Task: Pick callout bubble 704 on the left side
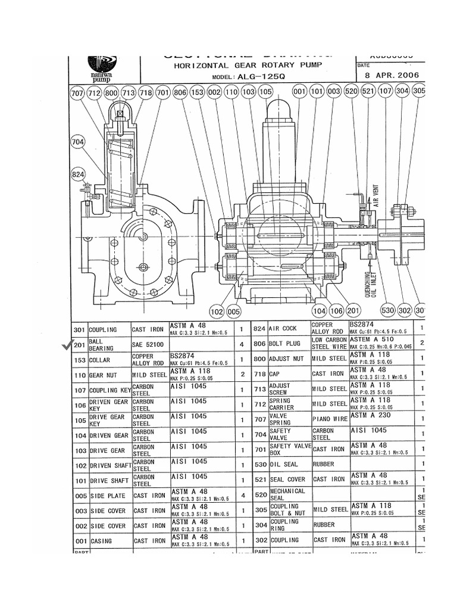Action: tap(77, 142)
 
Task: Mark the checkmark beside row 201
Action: tap(65, 346)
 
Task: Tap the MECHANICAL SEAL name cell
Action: tap(287, 494)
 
